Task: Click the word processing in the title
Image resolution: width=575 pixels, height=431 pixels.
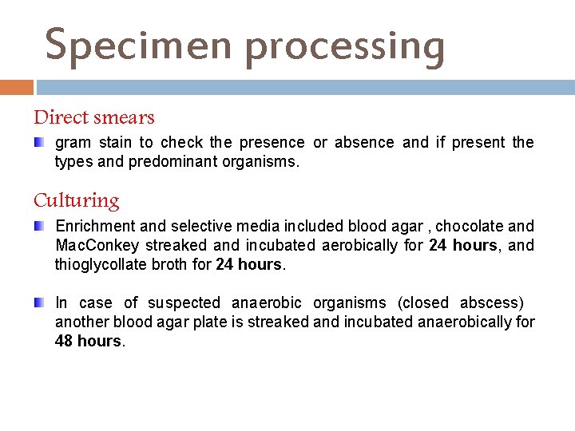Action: pos(345,47)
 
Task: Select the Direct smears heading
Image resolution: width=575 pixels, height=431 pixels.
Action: pos(94,117)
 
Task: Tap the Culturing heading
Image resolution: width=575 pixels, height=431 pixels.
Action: pos(77,200)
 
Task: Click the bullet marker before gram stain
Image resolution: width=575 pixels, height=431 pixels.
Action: pos(39,142)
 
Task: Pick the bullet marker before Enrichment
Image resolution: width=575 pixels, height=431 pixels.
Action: pos(39,227)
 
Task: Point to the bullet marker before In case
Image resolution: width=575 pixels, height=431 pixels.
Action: pos(39,302)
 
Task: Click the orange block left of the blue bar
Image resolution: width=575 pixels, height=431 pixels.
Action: pos(17,87)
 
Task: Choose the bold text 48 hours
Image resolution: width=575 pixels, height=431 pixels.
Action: pos(89,341)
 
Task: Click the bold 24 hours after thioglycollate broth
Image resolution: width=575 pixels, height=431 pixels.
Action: pos(248,264)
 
